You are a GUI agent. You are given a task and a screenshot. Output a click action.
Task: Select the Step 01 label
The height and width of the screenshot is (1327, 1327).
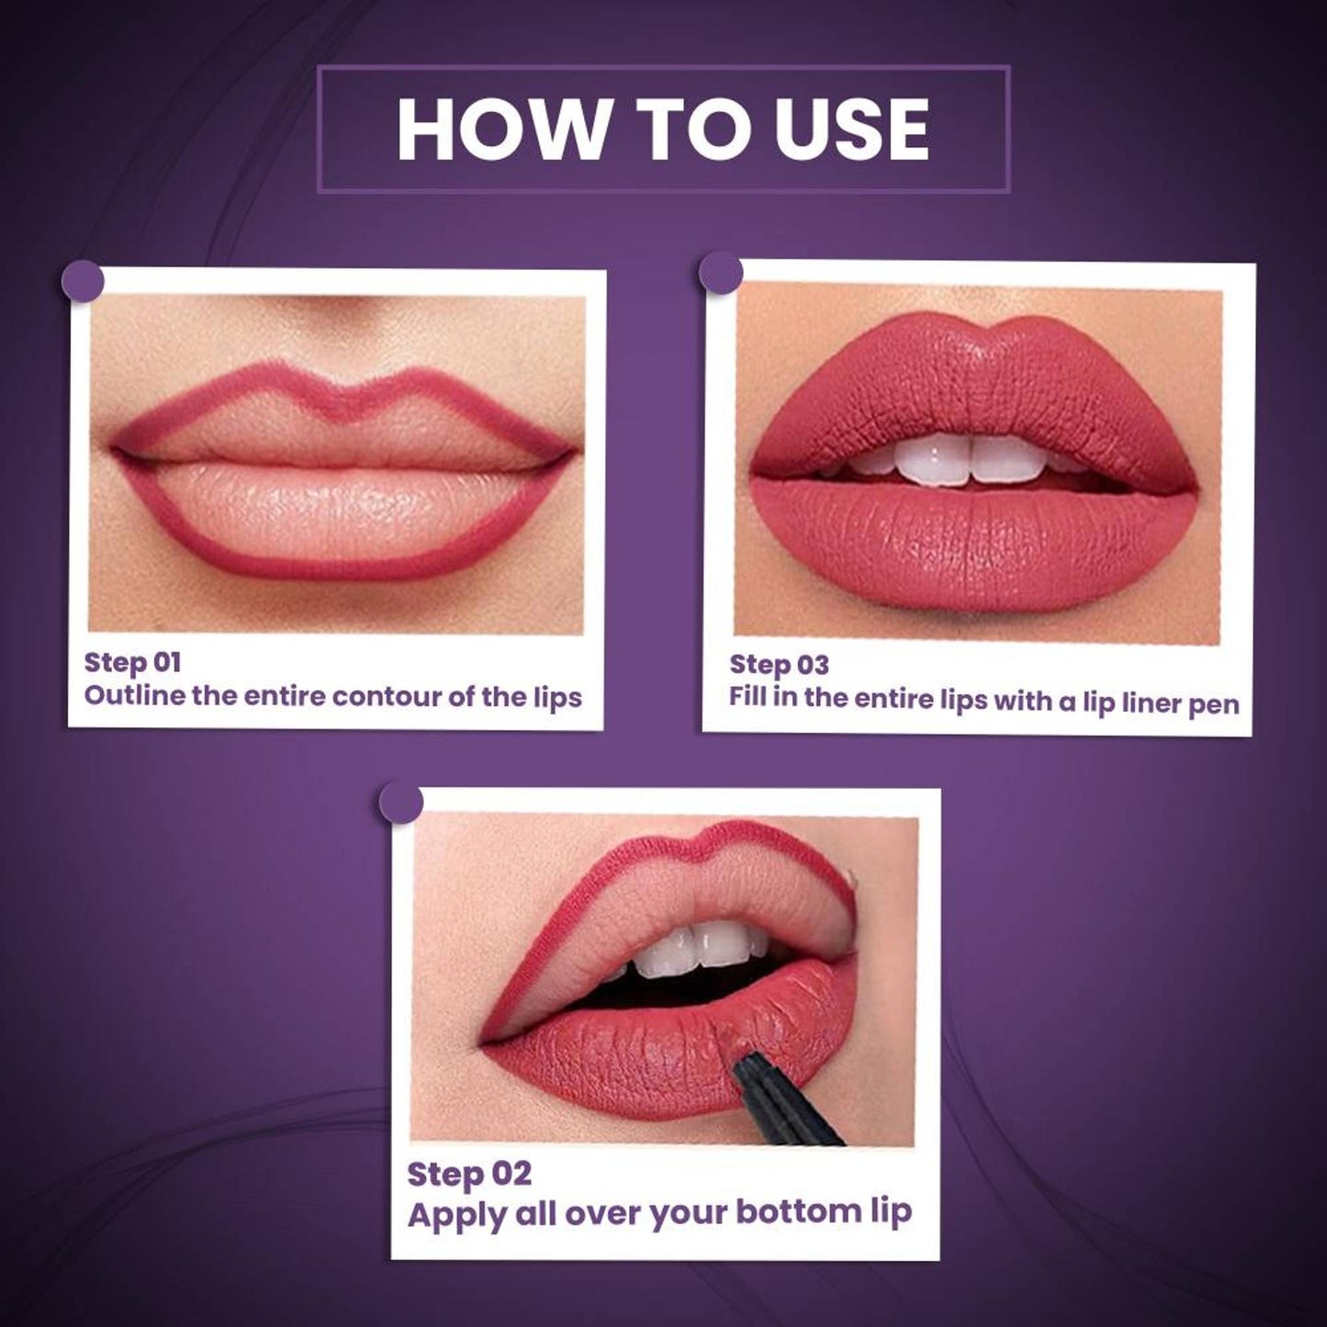point(132,662)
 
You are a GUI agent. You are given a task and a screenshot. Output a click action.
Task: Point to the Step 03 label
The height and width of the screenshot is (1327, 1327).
point(778,665)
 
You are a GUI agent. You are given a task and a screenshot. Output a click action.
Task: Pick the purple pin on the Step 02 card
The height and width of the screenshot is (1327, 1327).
point(401,803)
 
